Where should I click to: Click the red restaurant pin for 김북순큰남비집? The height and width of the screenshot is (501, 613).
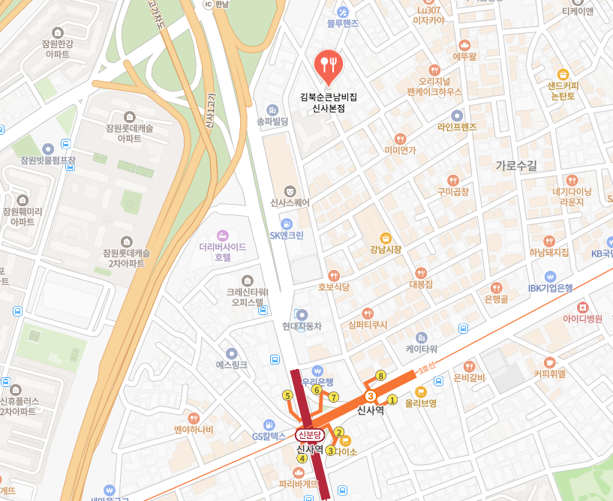coord(327,64)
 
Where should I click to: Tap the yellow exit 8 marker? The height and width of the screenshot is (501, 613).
coord(381,375)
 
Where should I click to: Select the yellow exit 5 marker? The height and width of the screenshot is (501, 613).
coord(287,395)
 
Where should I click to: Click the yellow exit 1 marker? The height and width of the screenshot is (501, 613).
coord(392,399)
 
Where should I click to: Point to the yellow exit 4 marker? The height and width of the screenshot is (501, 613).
coord(302,458)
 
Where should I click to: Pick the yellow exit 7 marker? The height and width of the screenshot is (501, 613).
coord(334,397)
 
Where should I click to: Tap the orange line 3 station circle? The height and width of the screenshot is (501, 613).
coord(370,395)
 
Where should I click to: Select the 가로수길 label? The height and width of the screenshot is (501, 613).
coord(516,165)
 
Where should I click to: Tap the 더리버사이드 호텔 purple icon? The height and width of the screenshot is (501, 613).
coord(222,235)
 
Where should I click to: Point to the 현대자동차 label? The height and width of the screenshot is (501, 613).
coord(302,326)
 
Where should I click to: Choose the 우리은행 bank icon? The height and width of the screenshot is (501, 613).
coord(317,370)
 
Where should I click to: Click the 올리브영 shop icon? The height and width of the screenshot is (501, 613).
coord(420,391)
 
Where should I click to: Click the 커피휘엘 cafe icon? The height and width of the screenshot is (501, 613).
coord(549,362)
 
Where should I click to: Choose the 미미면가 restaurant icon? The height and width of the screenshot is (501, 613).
coord(400,139)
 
